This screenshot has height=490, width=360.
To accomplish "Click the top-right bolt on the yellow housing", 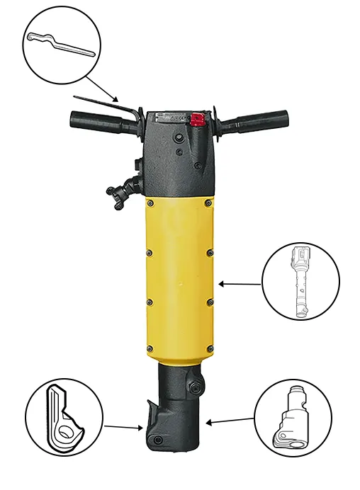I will (207, 205).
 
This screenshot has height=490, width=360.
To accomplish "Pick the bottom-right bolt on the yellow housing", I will (208, 348).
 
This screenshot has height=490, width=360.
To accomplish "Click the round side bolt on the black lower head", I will (196, 387).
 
